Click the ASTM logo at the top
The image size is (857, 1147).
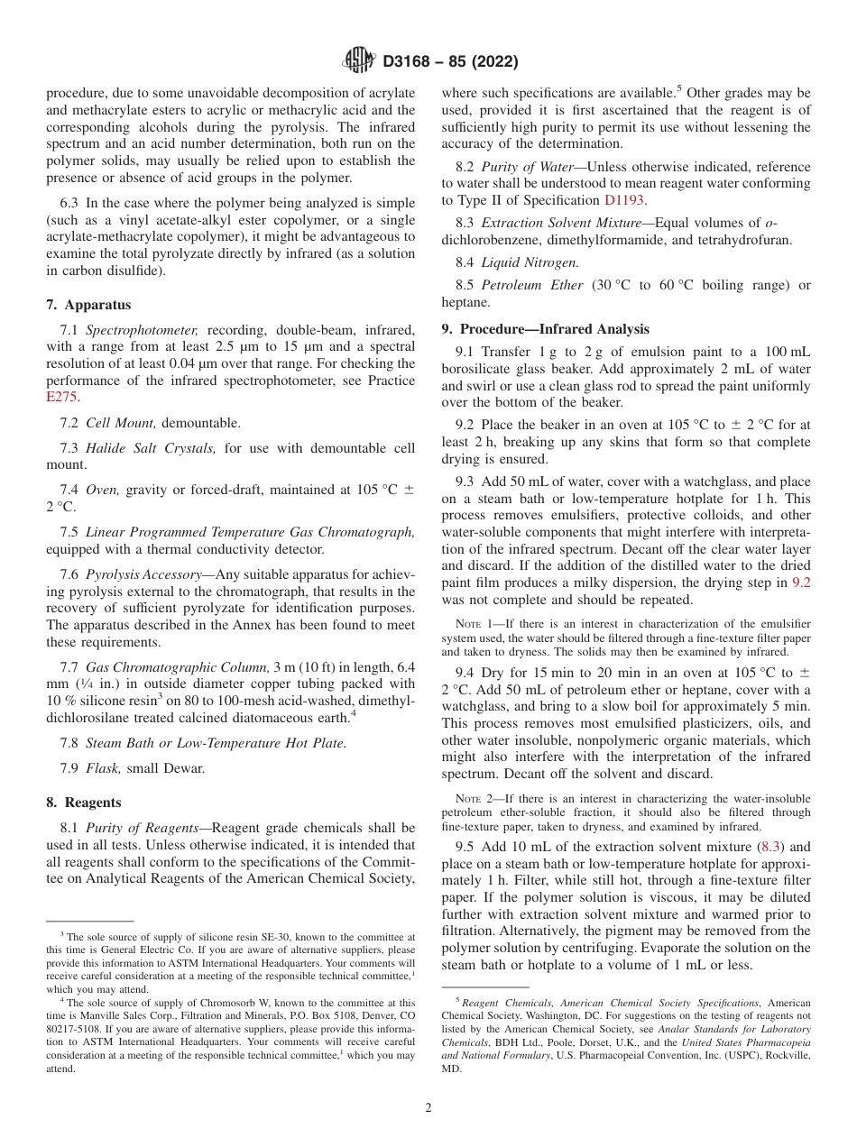358,61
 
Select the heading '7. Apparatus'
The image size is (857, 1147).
88,305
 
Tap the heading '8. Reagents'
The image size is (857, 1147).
84,802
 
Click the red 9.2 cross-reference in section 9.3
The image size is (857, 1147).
800,583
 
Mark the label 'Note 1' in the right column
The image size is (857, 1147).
472,624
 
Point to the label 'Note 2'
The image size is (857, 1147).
472,798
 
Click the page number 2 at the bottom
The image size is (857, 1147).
428,1107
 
